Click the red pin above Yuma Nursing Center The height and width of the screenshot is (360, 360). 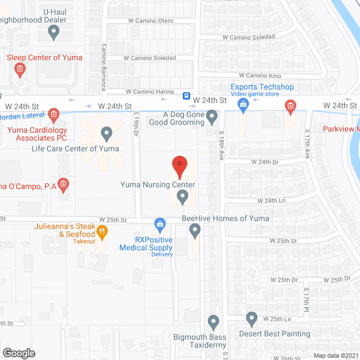pos(179,165)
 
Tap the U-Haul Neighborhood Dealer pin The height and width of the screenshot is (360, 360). pos(54,32)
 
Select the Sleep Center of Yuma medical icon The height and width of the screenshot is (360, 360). pos(20,70)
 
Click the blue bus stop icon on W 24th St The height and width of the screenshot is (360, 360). pos(186,96)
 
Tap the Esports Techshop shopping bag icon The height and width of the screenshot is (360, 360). pos(243,103)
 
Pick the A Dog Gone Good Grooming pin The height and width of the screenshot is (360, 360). pos(211,117)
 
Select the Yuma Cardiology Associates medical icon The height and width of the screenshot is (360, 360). pos(53,115)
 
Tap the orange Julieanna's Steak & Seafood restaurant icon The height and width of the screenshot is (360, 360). pos(102,230)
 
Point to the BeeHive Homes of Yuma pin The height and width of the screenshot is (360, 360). pos(195,229)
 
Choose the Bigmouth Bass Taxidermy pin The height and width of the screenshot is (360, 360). pos(213,322)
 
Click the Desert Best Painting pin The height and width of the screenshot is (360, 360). pos(251,319)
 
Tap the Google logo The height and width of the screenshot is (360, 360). pos(19,353)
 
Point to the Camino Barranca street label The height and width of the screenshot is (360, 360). pos(103,67)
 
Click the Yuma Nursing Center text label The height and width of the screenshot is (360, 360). pos(158,184)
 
